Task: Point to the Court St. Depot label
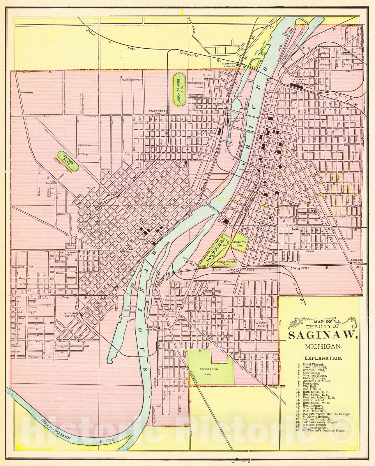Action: pos(111,193)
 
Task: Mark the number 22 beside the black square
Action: pos(185,166)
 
